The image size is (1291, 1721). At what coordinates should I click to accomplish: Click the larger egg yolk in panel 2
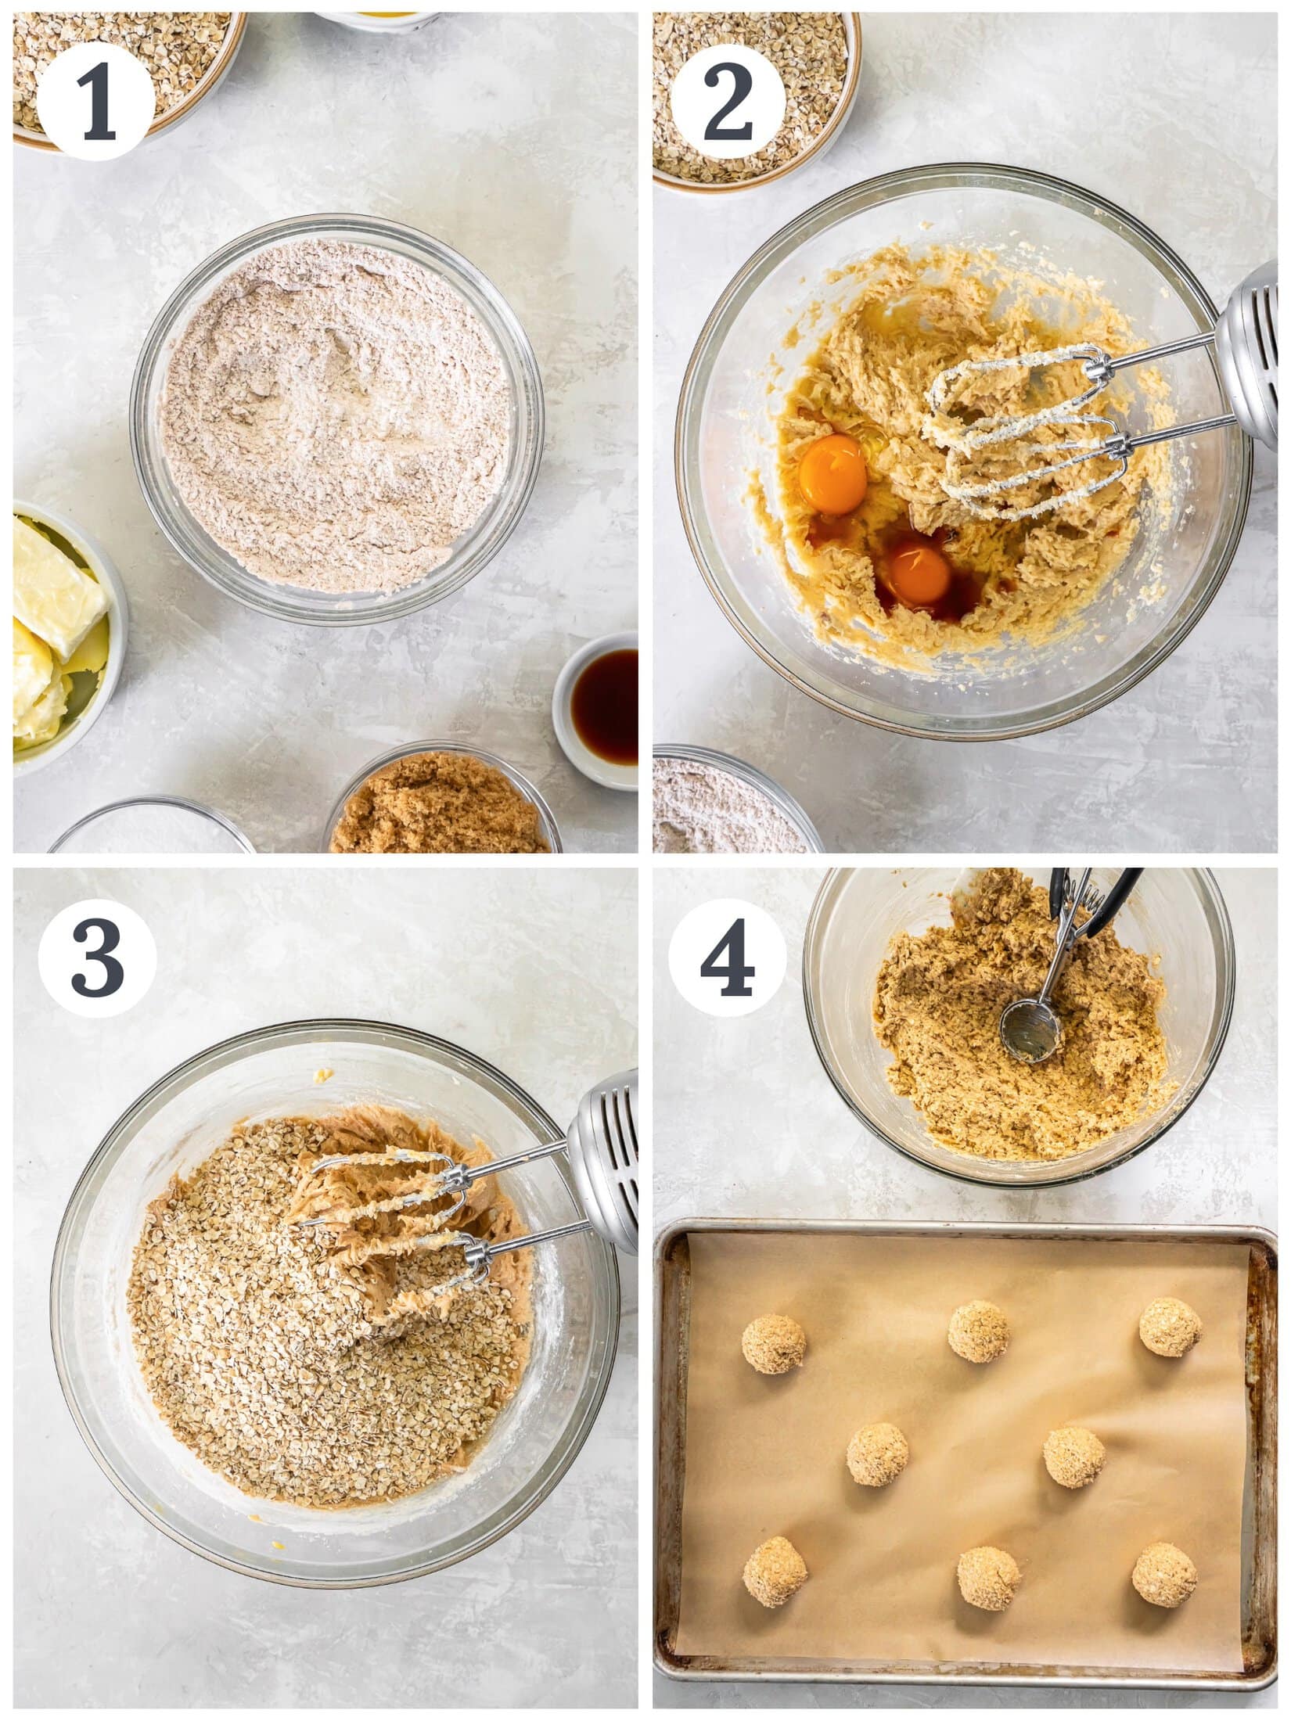tap(832, 473)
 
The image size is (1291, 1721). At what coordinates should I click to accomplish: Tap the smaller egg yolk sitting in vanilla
tap(920, 573)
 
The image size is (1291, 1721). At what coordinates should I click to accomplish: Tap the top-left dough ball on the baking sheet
tap(773, 1344)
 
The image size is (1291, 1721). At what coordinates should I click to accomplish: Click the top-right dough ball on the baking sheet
tap(1171, 1327)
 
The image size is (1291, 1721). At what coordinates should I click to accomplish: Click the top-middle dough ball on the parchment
tap(978, 1331)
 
